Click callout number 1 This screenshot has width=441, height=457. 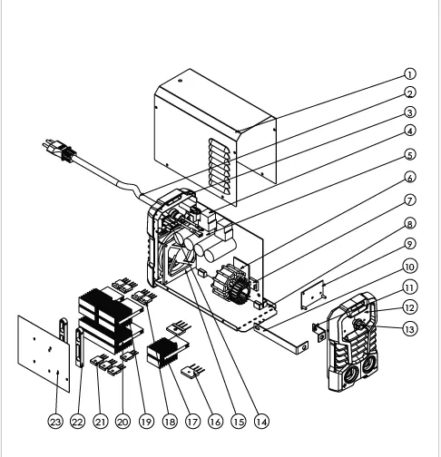(410, 74)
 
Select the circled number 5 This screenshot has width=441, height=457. (410, 155)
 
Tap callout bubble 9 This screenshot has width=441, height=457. (410, 244)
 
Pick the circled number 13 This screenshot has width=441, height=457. (409, 329)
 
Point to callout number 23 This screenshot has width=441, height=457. (55, 422)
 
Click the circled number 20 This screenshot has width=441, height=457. (122, 422)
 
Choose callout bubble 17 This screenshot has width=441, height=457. (192, 422)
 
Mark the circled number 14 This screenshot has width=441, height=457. (261, 422)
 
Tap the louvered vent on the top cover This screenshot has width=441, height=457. (220, 167)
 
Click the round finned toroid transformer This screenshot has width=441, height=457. (231, 284)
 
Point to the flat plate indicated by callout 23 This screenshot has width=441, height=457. (44, 354)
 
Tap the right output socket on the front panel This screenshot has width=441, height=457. (367, 365)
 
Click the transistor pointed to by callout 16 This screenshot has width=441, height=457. (192, 371)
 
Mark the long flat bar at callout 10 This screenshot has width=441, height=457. (281, 338)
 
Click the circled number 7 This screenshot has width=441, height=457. (410, 200)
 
